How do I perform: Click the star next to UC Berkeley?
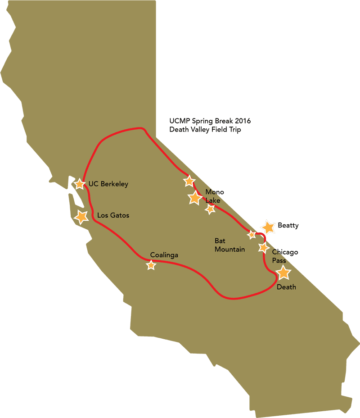click(80, 184)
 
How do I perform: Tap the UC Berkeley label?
click(108, 184)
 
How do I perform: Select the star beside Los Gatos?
click(81, 217)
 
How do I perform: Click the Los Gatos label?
click(113, 215)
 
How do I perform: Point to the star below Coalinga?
click(151, 265)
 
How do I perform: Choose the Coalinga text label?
click(164, 255)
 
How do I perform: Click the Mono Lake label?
click(214, 196)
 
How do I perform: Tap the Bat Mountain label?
click(229, 245)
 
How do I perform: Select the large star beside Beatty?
click(268, 227)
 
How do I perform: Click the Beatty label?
click(288, 225)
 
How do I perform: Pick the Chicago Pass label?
click(284, 256)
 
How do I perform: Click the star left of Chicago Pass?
click(264, 247)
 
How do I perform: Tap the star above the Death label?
click(283, 273)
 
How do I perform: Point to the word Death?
click(286, 287)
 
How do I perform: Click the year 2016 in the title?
click(242, 121)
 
